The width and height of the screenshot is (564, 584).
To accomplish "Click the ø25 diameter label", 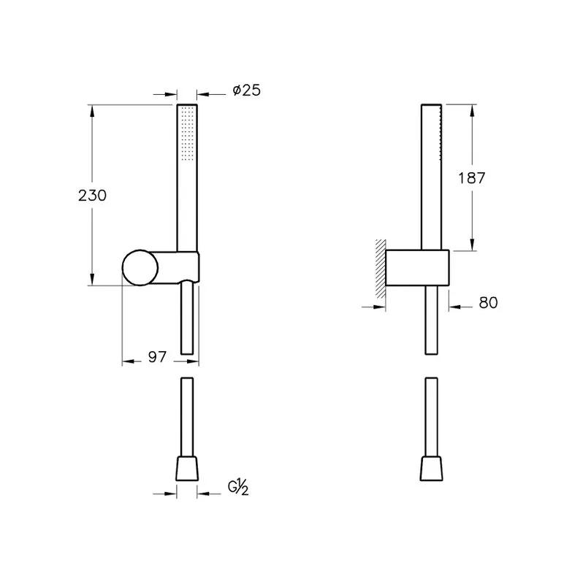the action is (246, 91).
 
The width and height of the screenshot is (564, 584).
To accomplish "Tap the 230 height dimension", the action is (93, 195).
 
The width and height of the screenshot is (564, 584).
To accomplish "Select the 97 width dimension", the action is (157, 357).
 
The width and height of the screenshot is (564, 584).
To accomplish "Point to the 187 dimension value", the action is (471, 178).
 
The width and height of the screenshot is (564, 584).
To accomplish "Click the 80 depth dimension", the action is (488, 303).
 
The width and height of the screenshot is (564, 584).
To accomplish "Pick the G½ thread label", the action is (238, 487).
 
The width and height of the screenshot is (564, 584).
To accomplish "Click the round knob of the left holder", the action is (140, 268).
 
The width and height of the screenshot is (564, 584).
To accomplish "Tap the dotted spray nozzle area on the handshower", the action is (187, 134).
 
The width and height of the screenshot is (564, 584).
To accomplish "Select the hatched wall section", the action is (381, 269).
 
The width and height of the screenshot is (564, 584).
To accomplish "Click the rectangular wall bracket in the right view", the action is (417, 268).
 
